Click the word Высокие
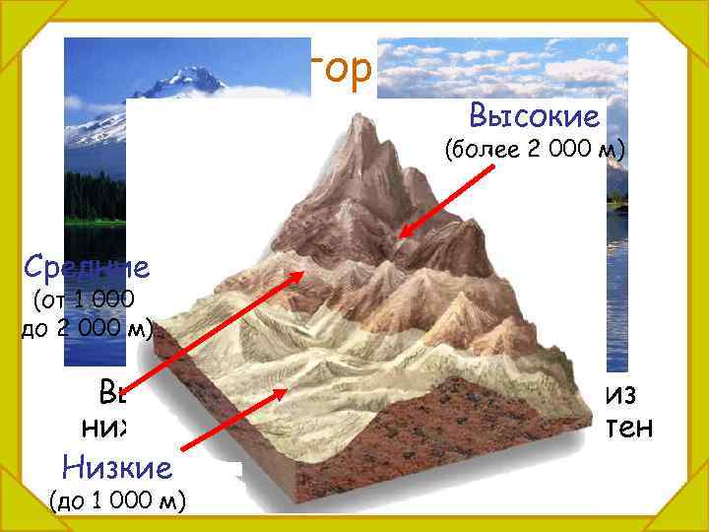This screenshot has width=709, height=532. [x=535, y=116]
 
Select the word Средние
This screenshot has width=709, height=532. [x=87, y=266]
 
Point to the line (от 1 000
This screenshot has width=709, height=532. [x=84, y=299]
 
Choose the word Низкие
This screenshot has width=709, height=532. [x=116, y=465]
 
